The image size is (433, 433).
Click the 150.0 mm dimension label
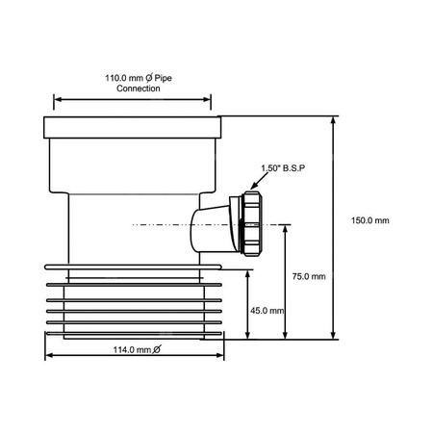click(x=370, y=220)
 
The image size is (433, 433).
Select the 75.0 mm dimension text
click(x=309, y=276)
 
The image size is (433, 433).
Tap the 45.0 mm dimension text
click(x=266, y=311)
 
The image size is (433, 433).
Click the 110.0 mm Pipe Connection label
click(x=133, y=81)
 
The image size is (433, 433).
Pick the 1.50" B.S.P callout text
click(x=283, y=168)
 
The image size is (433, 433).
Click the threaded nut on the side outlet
click(x=250, y=225)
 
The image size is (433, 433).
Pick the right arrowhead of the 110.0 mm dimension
click(x=209, y=98)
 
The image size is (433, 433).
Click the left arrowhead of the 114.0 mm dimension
click(x=49, y=355)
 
